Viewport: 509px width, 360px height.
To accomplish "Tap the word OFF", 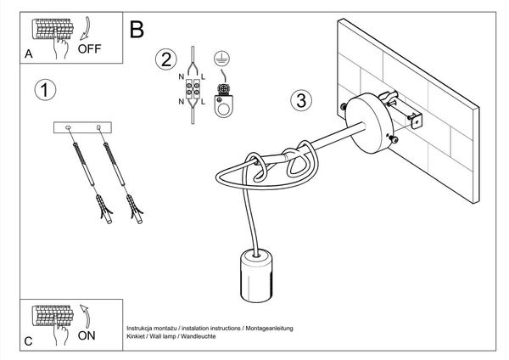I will click(x=89, y=49).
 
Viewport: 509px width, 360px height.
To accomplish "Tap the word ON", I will click(x=86, y=335).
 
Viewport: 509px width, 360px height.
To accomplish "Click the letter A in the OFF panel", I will click(x=30, y=53).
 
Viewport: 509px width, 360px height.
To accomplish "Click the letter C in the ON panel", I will click(x=30, y=340).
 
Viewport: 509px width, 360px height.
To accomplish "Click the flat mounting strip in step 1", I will click(x=85, y=127).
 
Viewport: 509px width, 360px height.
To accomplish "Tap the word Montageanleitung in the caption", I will click(x=269, y=328).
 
